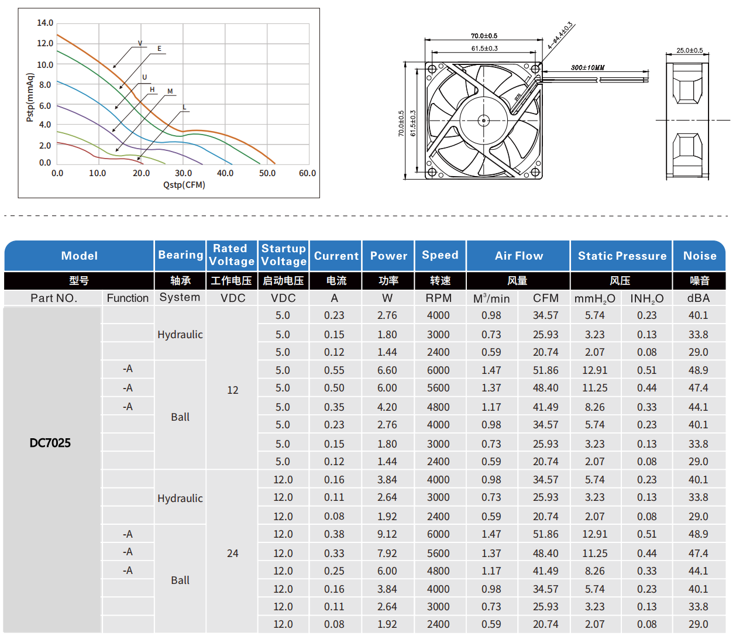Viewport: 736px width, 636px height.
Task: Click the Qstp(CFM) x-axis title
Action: [184, 185]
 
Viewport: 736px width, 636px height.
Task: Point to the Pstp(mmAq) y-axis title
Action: [30, 98]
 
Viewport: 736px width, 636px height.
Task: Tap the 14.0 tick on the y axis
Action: [45, 23]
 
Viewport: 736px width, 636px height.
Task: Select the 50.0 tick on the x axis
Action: [267, 173]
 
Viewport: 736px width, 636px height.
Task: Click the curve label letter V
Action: [140, 43]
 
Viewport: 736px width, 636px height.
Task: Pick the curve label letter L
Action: [184, 107]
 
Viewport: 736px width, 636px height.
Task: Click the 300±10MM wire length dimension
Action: [587, 68]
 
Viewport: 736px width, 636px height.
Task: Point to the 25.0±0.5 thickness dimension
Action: [689, 50]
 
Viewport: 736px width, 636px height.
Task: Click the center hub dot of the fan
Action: [483, 121]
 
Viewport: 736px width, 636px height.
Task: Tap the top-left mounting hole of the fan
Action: [432, 69]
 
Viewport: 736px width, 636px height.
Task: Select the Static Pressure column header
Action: [622, 256]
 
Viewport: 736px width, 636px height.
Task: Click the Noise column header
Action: [700, 256]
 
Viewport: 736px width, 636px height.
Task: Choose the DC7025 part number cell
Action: [50, 443]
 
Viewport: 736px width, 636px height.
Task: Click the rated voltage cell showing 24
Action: [233, 554]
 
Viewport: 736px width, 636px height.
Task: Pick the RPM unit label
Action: [439, 298]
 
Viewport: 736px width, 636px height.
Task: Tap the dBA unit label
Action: [699, 298]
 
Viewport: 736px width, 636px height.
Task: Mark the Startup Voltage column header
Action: [284, 255]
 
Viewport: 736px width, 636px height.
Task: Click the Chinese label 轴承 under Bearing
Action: [180, 281]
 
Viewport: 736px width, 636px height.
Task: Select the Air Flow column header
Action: [519, 256]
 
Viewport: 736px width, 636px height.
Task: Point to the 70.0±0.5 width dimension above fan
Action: [484, 36]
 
